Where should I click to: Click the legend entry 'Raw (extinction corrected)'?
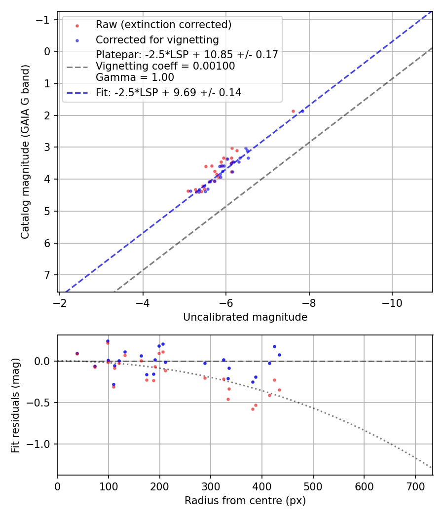163,25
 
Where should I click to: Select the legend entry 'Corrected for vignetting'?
157,39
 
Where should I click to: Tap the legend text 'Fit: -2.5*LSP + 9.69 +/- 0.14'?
168,92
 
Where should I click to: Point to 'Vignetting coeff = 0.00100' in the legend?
165,66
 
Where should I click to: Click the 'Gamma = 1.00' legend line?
135,77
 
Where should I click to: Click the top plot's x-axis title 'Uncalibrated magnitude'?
245,317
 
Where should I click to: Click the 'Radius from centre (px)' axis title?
245,501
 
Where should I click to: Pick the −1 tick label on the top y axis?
45,20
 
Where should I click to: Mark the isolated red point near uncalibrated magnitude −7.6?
293,111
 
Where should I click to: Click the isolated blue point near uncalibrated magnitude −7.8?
302,111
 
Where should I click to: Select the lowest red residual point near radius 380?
253,409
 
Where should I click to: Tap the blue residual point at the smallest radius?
77,353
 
